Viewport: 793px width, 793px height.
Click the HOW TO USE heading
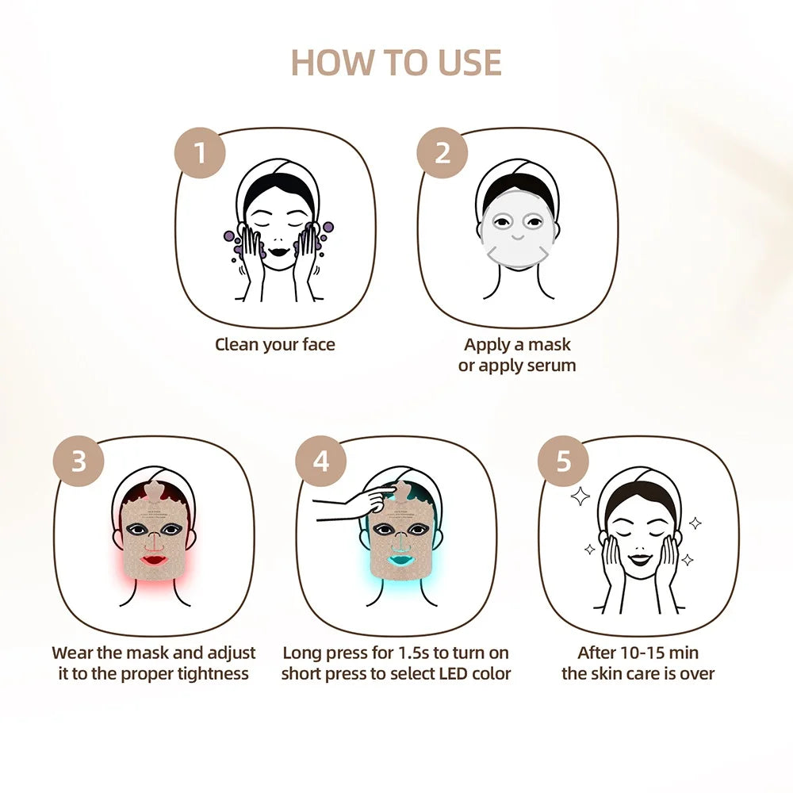click(x=396, y=63)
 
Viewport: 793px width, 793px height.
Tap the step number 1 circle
click(x=200, y=151)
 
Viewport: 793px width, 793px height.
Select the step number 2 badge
click(x=442, y=151)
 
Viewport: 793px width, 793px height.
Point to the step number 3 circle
click(x=79, y=460)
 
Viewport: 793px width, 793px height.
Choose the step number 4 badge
click(x=320, y=460)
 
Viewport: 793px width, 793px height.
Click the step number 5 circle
click(x=563, y=460)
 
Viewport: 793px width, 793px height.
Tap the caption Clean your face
click(x=275, y=344)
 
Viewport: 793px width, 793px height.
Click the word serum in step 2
click(x=549, y=366)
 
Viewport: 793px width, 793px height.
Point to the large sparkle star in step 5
click(x=580, y=496)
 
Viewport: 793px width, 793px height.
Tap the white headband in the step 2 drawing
click(x=517, y=172)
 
